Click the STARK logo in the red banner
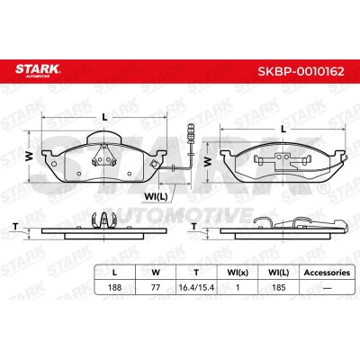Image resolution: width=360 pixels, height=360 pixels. tap(38, 70)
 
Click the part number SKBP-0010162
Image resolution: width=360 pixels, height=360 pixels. tap(301, 71)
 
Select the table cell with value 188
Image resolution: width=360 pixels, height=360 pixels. tap(114, 287)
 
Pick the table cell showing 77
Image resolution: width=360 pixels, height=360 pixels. tap(156, 287)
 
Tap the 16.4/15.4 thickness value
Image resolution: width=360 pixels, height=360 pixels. tap(196, 287)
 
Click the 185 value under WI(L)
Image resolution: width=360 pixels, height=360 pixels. tap(279, 287)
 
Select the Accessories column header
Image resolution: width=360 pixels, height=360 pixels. tap(327, 273)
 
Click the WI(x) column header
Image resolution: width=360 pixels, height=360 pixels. tap(238, 273)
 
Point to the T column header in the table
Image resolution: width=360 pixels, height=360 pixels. tap(196, 273)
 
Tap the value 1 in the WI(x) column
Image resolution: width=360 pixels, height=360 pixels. tap(238, 287)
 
